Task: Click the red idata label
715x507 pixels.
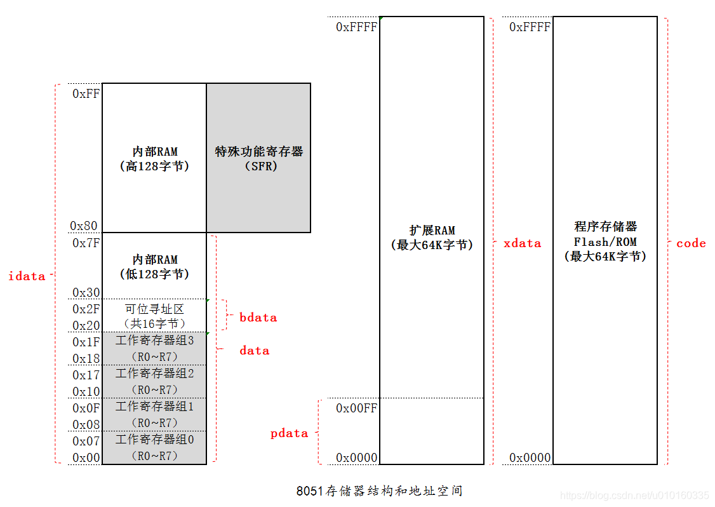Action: tap(27, 276)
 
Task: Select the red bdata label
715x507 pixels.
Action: tap(258, 317)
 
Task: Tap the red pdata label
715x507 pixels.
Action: tap(289, 433)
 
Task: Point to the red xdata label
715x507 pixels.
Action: tap(522, 243)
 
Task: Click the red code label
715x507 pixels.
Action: tap(691, 243)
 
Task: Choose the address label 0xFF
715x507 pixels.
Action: tap(86, 93)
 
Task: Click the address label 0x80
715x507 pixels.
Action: tap(84, 226)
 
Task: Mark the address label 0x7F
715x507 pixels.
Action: tap(86, 243)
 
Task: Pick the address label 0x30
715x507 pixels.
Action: tap(86, 292)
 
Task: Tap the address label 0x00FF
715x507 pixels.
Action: tap(356, 408)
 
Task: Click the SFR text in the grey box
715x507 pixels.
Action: tap(258, 166)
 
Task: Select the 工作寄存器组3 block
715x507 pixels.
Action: tap(154, 348)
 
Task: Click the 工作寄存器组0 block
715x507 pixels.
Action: tap(154, 447)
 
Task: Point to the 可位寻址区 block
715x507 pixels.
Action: tap(154, 316)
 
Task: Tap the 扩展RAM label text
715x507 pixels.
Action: tap(432, 230)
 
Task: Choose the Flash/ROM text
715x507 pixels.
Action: tap(605, 242)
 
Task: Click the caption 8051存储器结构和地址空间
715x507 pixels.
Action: tap(379, 491)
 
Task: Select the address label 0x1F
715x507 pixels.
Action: tap(86, 342)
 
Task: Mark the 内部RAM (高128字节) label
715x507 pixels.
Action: tap(154, 159)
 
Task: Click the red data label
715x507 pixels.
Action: tap(254, 350)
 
